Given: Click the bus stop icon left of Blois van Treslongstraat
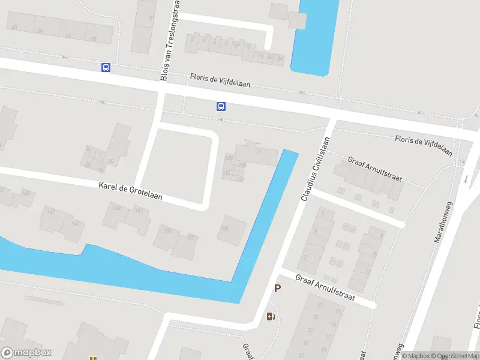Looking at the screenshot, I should (106, 68).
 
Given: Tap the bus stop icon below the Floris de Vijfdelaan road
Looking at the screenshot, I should (221, 107).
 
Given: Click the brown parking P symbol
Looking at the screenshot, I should (277, 289).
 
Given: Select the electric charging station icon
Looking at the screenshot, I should (271, 316).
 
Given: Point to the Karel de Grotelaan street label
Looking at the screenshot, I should (130, 191).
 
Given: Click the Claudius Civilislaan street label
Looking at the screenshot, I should (316, 168).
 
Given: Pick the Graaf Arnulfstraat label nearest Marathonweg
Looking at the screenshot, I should (375, 170).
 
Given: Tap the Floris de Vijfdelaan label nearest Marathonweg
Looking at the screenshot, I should (424, 146).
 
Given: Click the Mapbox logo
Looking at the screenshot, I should (26, 353).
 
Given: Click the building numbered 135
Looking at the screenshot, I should (226, 229).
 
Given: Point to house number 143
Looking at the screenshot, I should (117, 208).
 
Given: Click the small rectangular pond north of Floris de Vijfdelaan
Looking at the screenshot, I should (314, 36).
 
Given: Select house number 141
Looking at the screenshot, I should (139, 211).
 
